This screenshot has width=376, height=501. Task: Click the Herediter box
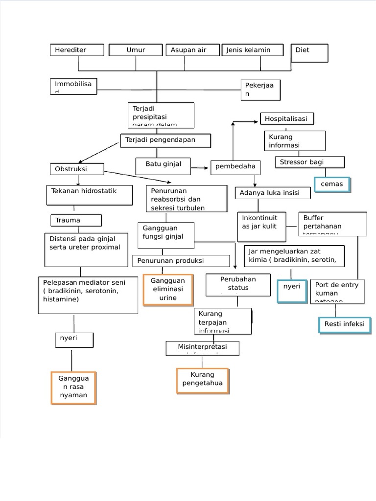coord(77,50)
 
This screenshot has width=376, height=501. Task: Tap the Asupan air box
coord(193,50)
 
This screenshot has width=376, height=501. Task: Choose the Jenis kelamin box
coord(253,50)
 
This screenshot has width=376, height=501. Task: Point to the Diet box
coord(309,53)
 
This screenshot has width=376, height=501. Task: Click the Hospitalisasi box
coord(286,119)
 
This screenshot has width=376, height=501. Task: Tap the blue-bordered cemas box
coord(332,184)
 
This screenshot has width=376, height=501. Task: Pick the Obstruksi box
coord(77,169)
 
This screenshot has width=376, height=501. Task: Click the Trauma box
coord(76,221)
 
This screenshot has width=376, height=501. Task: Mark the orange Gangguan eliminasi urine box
coord(168,290)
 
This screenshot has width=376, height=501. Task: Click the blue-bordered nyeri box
coord(292,291)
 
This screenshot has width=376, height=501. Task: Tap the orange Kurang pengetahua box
coord(203,380)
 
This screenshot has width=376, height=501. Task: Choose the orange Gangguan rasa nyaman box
coord(73,388)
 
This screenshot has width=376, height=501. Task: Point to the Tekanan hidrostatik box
coord(90,195)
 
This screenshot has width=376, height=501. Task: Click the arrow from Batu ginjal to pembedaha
coord(200,168)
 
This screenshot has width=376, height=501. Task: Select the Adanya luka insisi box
coord(273,193)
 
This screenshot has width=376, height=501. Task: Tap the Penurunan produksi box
coord(181,261)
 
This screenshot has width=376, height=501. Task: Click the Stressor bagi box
coord(310,162)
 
